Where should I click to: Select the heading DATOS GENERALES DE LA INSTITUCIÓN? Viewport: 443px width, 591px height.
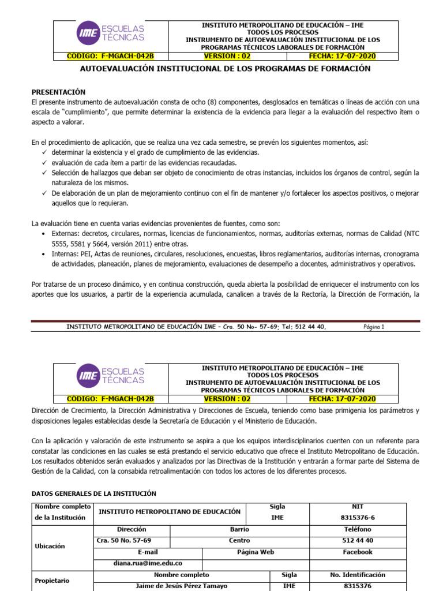coord(93,493)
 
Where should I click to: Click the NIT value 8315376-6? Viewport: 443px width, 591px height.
coord(358,518)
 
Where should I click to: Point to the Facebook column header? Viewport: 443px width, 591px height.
coord(358,552)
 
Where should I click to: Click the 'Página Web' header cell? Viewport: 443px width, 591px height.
coord(256,552)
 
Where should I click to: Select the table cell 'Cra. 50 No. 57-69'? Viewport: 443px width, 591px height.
coord(124,541)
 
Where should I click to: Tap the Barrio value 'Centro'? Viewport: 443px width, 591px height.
coord(239,541)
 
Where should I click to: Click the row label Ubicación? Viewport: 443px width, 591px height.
coord(50,546)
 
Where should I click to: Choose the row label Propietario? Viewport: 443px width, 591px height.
coord(52,581)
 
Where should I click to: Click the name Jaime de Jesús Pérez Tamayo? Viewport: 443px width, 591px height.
coord(181,586)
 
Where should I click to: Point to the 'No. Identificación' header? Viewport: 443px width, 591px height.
coord(358,575)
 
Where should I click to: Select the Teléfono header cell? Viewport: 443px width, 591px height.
coord(358,529)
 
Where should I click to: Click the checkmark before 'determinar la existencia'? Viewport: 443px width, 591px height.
coord(44,152)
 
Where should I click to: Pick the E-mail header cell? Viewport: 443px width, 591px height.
coord(132,552)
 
